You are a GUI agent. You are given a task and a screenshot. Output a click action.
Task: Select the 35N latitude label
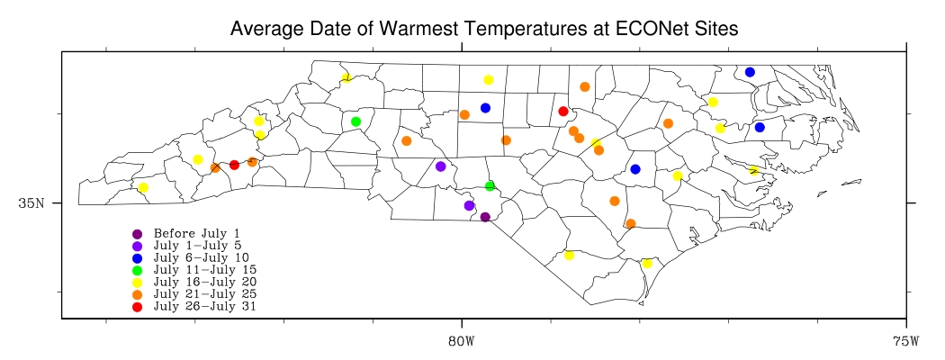point(32,203)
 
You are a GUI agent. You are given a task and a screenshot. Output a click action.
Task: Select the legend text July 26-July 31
point(204,307)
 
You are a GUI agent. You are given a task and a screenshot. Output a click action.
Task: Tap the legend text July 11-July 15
point(204,270)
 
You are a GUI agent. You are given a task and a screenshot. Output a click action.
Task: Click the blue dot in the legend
point(137,258)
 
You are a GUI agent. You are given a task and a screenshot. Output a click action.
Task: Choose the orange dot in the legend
point(137,294)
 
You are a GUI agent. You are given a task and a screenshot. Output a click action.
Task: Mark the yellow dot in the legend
point(137,283)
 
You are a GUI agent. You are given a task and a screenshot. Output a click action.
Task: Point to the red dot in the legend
point(137,307)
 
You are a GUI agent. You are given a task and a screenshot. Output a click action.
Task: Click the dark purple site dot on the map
point(485,217)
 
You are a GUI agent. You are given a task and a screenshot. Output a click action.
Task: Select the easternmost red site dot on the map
point(563,112)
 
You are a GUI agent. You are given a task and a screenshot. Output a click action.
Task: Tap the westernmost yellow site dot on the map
point(143,187)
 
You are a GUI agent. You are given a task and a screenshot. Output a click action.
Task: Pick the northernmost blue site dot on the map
point(750,72)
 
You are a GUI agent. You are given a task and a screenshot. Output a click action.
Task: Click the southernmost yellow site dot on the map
point(647,264)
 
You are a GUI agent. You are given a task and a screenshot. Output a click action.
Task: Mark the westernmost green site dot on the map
point(355,121)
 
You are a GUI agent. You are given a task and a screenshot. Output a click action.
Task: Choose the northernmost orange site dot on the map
point(585,87)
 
